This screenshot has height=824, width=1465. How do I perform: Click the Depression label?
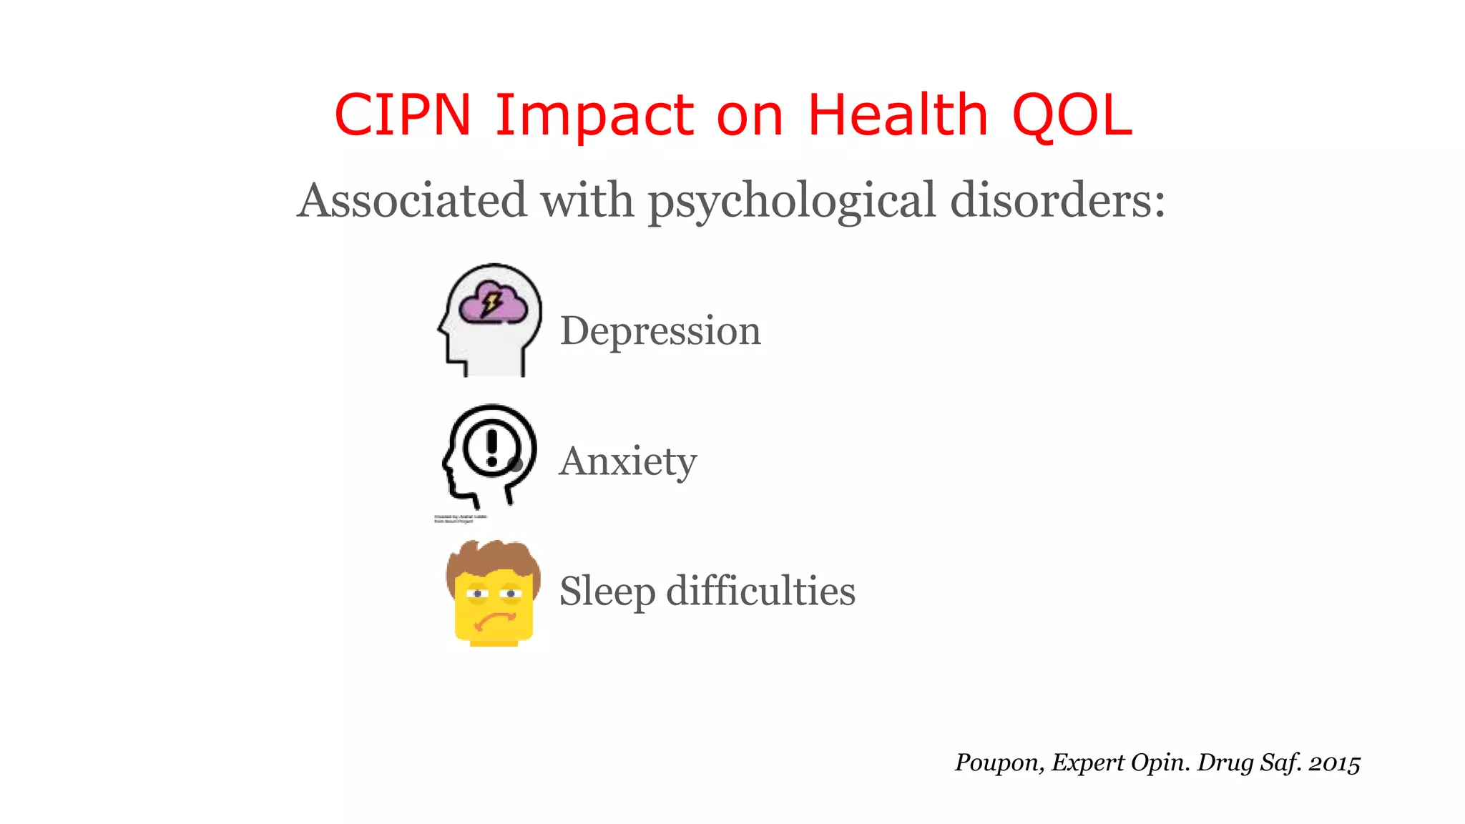point(660,331)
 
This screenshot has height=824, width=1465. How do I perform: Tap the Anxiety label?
point(627,461)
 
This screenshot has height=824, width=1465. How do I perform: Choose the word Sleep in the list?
point(607,592)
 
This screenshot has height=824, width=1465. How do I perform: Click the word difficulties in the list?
point(760,591)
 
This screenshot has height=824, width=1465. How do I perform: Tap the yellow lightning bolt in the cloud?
point(491,303)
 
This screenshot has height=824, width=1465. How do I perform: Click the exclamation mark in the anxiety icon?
point(491,447)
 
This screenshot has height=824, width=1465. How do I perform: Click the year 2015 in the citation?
point(1334,763)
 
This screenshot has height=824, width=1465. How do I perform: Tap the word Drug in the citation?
point(1225,763)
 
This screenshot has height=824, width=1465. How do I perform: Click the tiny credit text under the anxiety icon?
point(461,519)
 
